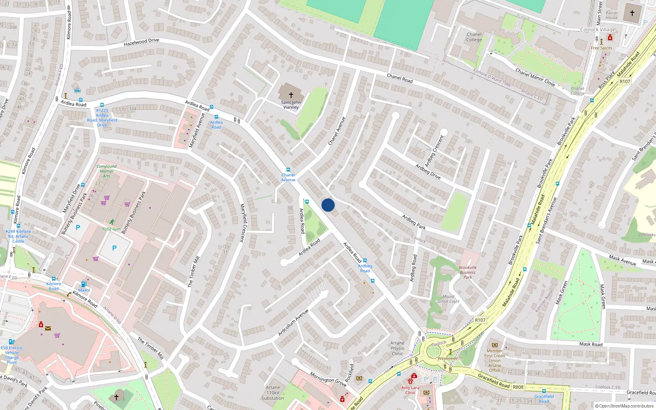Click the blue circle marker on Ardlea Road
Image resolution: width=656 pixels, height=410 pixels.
click(328, 205)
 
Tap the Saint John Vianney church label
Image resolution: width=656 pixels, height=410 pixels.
click(291, 105)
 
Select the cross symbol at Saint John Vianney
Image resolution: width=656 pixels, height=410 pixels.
click(291, 95)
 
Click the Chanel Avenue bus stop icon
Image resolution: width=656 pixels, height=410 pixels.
click(288, 170)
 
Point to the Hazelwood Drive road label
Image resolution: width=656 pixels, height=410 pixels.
click(141, 42)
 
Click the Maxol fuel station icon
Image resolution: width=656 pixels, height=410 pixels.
click(84, 284)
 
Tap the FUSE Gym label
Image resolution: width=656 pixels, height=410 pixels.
click(112, 229)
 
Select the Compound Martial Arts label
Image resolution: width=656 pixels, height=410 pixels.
click(107, 171)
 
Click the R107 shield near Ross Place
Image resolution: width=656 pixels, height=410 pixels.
click(625, 82)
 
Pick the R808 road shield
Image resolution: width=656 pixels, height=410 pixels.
click(518, 387)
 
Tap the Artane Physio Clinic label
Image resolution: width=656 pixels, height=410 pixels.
click(397, 348)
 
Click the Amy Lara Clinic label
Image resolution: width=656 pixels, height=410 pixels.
click(410, 390)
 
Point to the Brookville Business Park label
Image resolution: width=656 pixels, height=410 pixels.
click(468, 272)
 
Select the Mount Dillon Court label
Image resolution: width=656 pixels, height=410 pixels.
click(449, 299)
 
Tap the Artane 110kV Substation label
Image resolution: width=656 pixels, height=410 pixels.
click(273, 392)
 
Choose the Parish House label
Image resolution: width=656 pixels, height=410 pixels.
click(612, 15)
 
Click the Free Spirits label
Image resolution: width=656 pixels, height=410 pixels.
click(601, 48)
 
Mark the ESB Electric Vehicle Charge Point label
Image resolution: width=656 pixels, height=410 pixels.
click(12, 355)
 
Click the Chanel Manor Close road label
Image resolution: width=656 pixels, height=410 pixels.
click(535, 77)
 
